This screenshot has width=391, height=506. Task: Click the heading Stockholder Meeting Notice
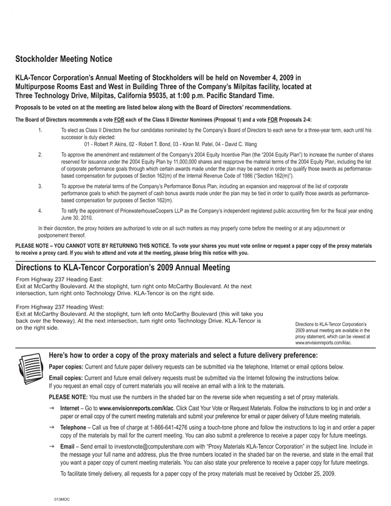(64, 59)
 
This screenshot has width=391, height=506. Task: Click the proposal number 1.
(40, 131)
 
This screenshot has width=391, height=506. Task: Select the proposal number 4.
(40, 211)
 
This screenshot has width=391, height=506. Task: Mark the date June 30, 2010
(77, 219)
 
